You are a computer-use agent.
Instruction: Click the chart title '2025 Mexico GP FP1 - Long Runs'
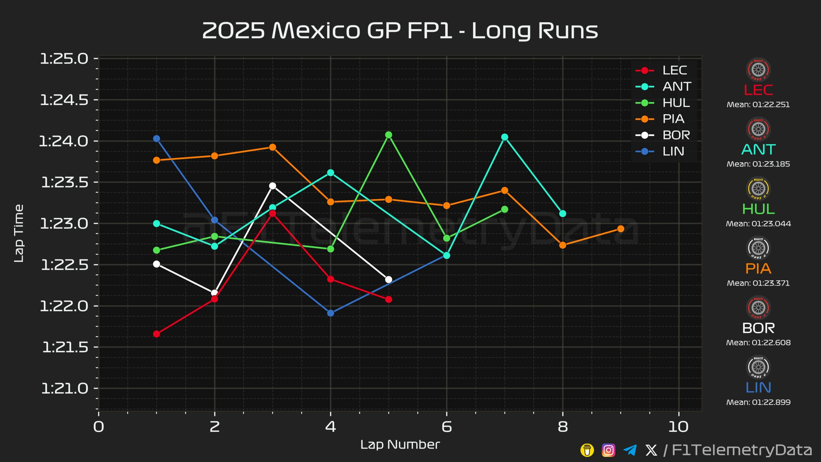[400, 30]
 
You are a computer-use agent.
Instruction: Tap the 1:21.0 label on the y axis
[64, 389]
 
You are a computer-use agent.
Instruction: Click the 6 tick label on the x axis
[446, 427]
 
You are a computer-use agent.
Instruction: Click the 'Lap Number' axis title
[400, 445]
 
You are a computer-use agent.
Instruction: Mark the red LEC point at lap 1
[157, 334]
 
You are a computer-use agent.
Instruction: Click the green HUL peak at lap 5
[389, 135]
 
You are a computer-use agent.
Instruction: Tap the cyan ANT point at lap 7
[504, 137]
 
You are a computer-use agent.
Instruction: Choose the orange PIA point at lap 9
[621, 229]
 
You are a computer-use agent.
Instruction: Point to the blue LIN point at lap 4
[331, 313]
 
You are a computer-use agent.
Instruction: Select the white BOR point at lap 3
[273, 186]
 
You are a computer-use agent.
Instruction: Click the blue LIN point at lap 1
[157, 139]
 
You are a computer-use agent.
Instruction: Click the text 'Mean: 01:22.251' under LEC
[758, 105]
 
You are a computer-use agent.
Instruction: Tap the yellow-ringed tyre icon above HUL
[758, 189]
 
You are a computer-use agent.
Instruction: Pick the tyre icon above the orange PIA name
[758, 248]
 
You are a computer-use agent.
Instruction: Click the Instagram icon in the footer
[608, 450]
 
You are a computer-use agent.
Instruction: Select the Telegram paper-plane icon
[630, 450]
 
